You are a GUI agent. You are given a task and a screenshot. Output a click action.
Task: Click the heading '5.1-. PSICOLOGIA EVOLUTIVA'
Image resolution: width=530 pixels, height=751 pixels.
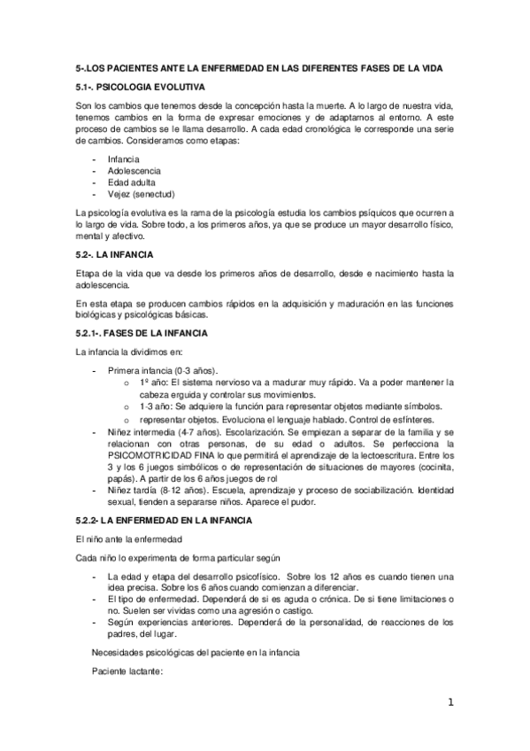tap(140, 88)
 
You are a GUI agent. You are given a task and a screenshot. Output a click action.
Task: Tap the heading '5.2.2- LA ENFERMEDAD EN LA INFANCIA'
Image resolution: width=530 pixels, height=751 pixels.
tap(165, 521)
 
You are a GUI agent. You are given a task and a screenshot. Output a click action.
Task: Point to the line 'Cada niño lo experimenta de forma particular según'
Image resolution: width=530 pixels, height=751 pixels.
tap(178, 557)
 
